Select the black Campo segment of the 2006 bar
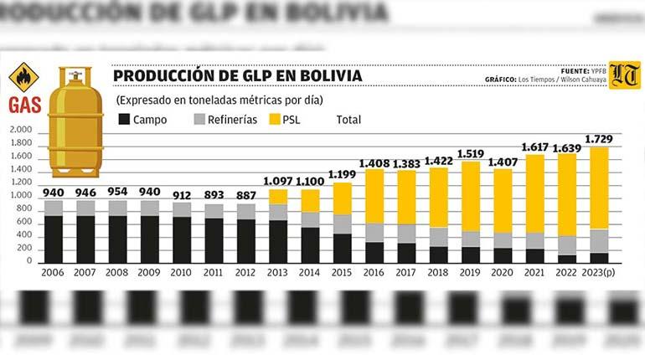point(54,239)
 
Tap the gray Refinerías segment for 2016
point(374,232)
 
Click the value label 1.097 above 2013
point(278,181)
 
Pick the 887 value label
point(246,194)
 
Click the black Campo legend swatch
point(124,120)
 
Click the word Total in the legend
point(348,120)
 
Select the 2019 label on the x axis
point(471,273)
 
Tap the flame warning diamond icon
point(23,77)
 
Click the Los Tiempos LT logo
point(623,75)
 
